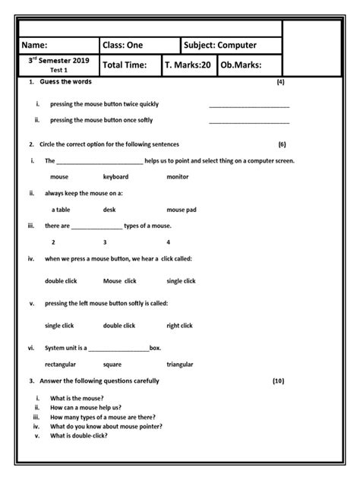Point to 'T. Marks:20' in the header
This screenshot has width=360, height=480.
(188, 65)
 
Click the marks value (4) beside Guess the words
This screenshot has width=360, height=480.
(281, 81)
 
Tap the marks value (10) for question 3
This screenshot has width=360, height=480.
(278, 381)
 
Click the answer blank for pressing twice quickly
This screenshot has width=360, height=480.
(248, 104)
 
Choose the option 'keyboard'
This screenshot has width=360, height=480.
(115, 176)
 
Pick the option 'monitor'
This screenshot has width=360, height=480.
(177, 176)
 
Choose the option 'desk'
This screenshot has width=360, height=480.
(109, 209)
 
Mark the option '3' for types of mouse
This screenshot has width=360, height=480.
(105, 242)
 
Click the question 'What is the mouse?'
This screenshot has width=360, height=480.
(77, 399)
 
